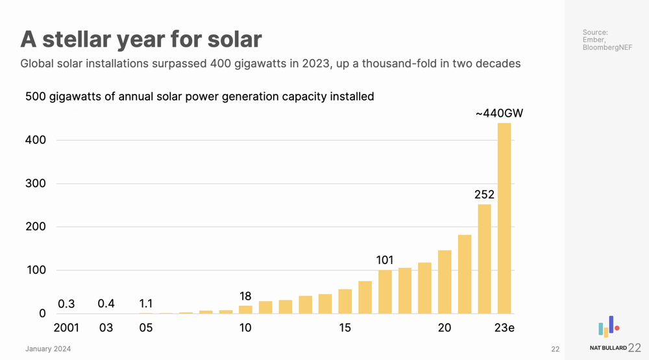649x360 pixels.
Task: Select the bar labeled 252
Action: coord(484,259)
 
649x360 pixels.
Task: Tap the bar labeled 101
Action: coord(385,292)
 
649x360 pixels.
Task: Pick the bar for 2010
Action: coord(245,309)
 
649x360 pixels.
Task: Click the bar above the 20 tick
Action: coord(445,282)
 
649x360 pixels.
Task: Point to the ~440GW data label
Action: coord(499,114)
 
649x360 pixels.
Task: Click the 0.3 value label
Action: coord(66,304)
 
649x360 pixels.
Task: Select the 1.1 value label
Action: coord(146,304)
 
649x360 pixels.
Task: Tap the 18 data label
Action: coord(245,296)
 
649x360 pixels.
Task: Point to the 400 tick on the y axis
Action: coord(36,140)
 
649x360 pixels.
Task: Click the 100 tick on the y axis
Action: coord(36,270)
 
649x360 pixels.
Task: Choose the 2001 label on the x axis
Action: coord(66,328)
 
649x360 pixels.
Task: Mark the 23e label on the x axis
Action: coord(504,328)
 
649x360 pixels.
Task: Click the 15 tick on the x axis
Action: coord(345,328)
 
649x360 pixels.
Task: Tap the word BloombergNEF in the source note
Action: coord(607,47)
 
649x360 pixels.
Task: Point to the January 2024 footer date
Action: coord(48,349)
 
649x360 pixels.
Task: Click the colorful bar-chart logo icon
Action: coord(608,327)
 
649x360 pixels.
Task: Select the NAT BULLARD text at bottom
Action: coord(608,348)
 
